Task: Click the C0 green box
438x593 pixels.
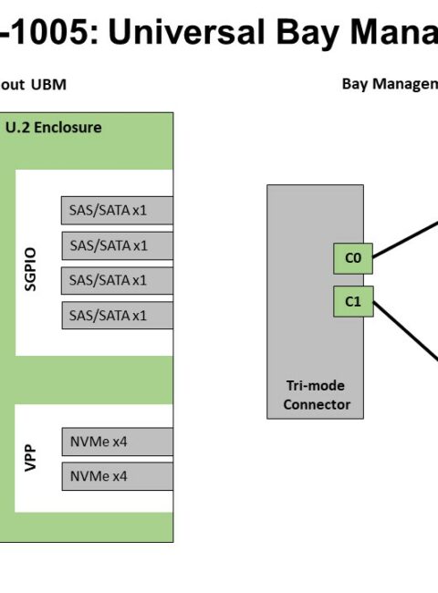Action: [x=353, y=258]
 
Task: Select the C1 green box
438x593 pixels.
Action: [x=353, y=301]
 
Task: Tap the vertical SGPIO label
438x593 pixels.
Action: [x=30, y=269]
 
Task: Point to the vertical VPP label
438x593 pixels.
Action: [x=30, y=458]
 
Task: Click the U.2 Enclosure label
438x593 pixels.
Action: [x=53, y=128]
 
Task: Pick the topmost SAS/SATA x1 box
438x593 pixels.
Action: [x=117, y=210]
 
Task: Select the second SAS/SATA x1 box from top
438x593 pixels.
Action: [x=117, y=245]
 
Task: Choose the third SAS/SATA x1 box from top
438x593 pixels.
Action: [x=117, y=280]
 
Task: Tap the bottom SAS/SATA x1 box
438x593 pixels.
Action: [x=117, y=316]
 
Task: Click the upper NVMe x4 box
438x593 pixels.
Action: [x=117, y=442]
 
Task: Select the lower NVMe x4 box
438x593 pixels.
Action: [x=117, y=476]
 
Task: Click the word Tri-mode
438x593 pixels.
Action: [x=316, y=385]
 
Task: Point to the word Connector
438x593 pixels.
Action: [x=317, y=405]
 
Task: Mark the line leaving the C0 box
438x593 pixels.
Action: [x=405, y=241]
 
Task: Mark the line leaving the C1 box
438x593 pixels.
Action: [x=405, y=331]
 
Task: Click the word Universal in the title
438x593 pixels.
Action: [x=187, y=32]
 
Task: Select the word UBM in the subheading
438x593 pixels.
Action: [x=48, y=84]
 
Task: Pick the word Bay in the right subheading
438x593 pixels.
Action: [x=355, y=84]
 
